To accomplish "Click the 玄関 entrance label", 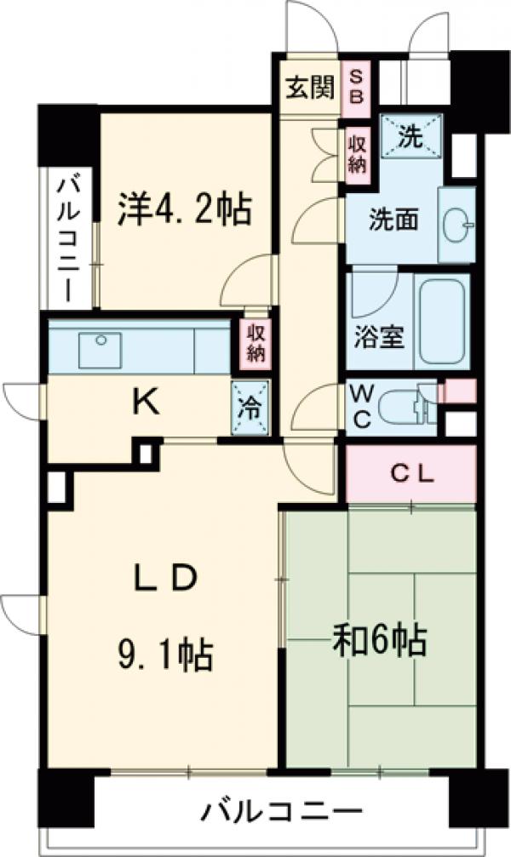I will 309,88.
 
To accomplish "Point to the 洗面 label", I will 393,220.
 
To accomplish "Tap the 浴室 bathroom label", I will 379,334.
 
